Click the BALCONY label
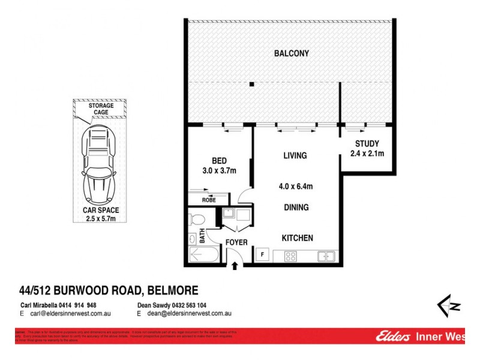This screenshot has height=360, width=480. pyautogui.click(x=292, y=53)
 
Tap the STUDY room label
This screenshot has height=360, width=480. pyautogui.click(x=367, y=143)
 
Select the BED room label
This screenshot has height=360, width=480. pyautogui.click(x=219, y=160)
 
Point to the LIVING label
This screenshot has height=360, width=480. pyautogui.click(x=295, y=156)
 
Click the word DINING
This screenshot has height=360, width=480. pyautogui.click(x=296, y=208)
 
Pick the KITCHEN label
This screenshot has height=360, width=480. pyautogui.click(x=298, y=238)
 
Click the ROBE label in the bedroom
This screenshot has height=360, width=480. pyautogui.click(x=209, y=200)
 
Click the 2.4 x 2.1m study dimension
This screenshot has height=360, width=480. pyautogui.click(x=367, y=154)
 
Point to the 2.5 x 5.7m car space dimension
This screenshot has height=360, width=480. pyautogui.click(x=101, y=219)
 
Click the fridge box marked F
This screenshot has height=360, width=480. pyautogui.click(x=262, y=255)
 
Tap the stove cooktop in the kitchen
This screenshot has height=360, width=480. pyautogui.click(x=290, y=256)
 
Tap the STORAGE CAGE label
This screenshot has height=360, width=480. pyautogui.click(x=101, y=109)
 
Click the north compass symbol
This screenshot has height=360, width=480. pyautogui.click(x=449, y=305)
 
